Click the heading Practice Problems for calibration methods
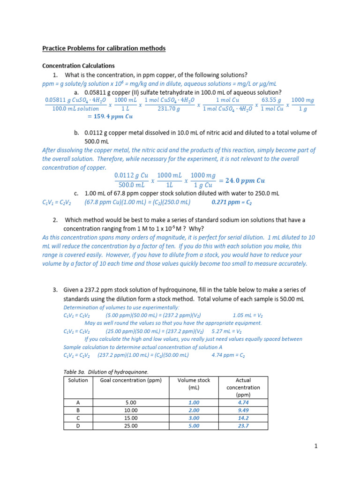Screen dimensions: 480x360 (x=104, y=48)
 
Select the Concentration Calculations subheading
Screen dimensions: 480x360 (x=78, y=66)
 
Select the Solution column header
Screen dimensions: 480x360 (x=78, y=380)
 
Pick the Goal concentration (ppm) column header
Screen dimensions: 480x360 (x=131, y=380)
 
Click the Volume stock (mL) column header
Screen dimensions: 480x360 (x=194, y=384)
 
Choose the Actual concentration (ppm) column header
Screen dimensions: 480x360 (x=243, y=388)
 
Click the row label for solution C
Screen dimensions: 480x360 (x=78, y=418)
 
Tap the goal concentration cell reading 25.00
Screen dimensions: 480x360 (x=131, y=426)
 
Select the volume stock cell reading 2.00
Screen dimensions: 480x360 (x=194, y=410)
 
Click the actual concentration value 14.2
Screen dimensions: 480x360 (x=243, y=418)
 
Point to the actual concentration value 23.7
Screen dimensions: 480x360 (x=243, y=426)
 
